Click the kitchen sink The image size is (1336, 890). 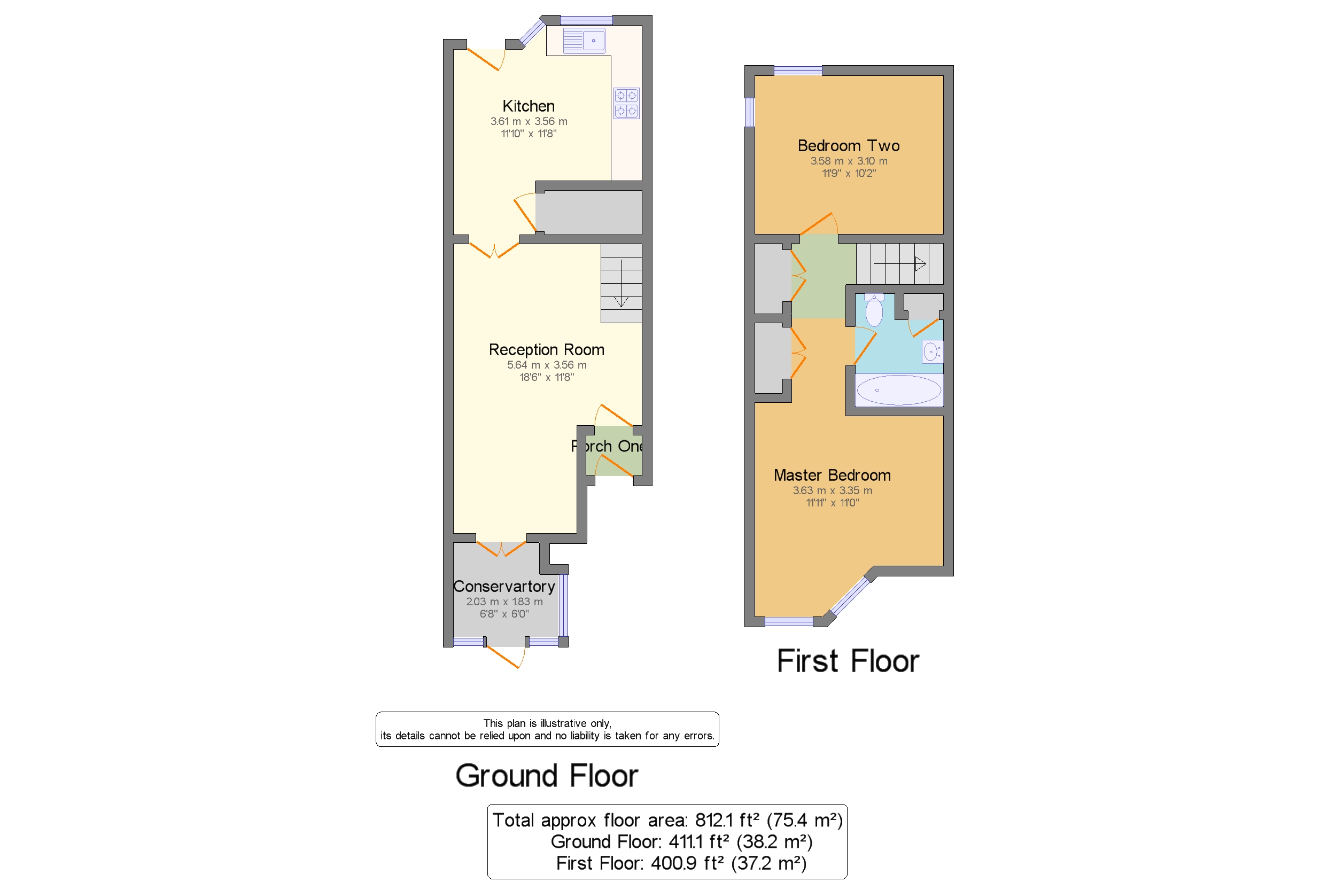tap(584, 41)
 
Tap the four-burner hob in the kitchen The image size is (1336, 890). tap(626, 103)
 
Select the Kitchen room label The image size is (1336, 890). tap(528, 106)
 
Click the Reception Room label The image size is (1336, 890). tap(546, 349)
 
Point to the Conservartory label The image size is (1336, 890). tap(504, 587)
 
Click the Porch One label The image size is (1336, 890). tap(607, 446)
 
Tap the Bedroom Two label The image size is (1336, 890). tap(848, 146)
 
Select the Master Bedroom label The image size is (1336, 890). tap(832, 475)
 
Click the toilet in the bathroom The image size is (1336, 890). tap(874, 310)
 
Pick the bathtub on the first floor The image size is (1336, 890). tap(899, 390)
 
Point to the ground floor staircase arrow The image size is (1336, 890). tap(621, 283)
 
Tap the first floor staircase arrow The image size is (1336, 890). tap(899, 264)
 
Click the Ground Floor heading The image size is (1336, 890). tap(547, 776)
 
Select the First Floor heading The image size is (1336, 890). tap(848, 661)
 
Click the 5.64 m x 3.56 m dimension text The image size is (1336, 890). tap(546, 365)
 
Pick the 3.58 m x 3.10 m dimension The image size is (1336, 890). tap(848, 161)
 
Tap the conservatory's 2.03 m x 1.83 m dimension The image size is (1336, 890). tap(504, 602)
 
